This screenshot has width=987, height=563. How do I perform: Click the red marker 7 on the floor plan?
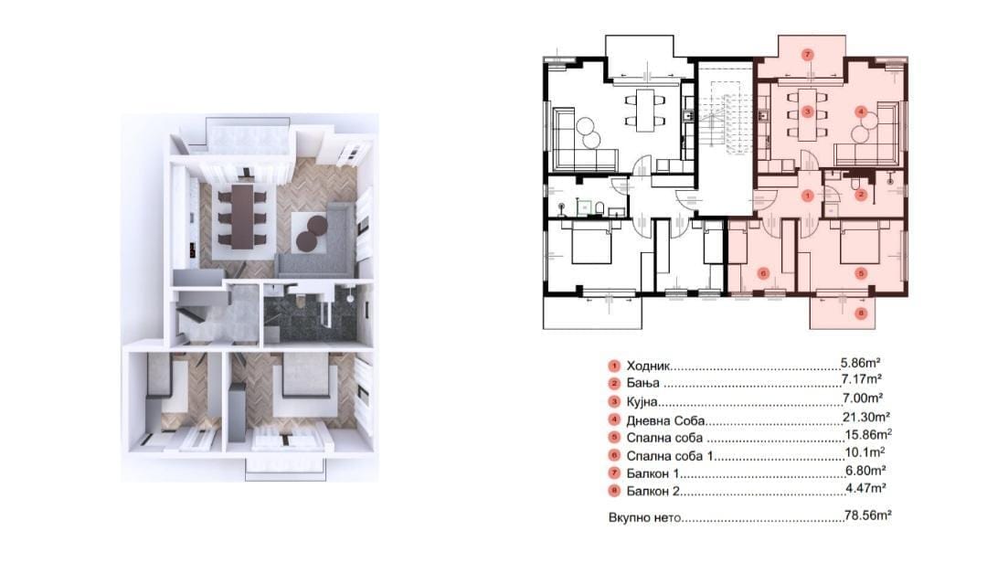[x=809, y=55]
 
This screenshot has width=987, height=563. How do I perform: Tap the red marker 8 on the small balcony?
[x=862, y=313]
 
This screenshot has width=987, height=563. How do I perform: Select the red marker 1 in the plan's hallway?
[x=809, y=196]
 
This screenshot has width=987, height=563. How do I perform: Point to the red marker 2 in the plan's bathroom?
[x=861, y=196]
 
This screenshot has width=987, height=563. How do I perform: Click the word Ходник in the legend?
[x=649, y=366]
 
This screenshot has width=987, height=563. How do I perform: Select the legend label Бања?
[x=642, y=383]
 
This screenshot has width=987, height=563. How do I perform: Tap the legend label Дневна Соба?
[x=665, y=420]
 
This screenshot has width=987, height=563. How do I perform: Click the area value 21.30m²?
[x=866, y=416]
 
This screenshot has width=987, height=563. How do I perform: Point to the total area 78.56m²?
[x=867, y=515]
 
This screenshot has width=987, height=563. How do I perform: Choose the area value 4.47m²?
[x=866, y=487]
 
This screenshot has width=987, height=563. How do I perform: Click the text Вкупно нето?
[x=644, y=517]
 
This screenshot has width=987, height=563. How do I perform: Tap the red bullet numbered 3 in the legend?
[x=614, y=402]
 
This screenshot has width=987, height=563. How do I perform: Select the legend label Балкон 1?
[x=653, y=473]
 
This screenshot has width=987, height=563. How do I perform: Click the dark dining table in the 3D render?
[x=241, y=216]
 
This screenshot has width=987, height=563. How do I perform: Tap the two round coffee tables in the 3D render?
[x=312, y=233]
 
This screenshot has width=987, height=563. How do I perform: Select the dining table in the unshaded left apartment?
[x=645, y=111]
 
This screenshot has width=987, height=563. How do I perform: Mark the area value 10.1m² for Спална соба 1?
[x=865, y=451]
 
